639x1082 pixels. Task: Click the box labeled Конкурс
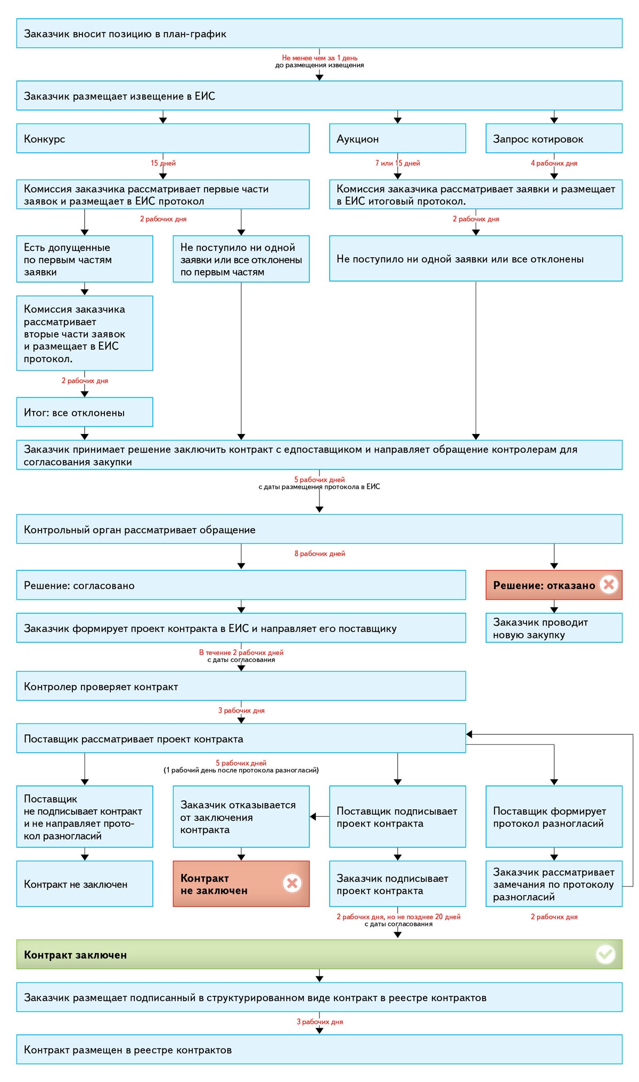pyautogui.click(x=163, y=138)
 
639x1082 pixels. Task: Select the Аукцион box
pyautogui.click(x=397, y=138)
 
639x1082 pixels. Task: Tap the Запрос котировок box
pyautogui.click(x=554, y=138)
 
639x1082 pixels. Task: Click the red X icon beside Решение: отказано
pyautogui.click(x=609, y=585)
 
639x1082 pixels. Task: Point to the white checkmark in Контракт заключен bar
pyautogui.click(x=605, y=954)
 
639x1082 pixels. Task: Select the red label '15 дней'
pyautogui.click(x=163, y=163)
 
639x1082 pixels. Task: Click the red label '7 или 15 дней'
pyautogui.click(x=397, y=163)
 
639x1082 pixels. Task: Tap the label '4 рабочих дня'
pyautogui.click(x=554, y=163)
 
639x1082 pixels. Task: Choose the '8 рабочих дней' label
pyautogui.click(x=319, y=554)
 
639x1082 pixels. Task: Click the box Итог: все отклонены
pyautogui.click(x=85, y=412)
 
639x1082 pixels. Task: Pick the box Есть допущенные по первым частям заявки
pyautogui.click(x=85, y=259)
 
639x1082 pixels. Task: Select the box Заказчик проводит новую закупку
pyautogui.click(x=554, y=628)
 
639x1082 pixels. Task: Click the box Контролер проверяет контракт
pyautogui.click(x=241, y=686)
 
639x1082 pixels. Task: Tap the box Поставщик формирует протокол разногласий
pyautogui.click(x=554, y=817)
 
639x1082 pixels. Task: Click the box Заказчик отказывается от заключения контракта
pyautogui.click(x=241, y=817)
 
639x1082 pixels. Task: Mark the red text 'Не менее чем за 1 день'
pyautogui.click(x=319, y=58)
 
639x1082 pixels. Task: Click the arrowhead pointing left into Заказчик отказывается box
pyautogui.click(x=313, y=816)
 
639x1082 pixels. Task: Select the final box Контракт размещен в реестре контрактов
pyautogui.click(x=319, y=1050)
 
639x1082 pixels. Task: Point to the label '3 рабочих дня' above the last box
pyautogui.click(x=319, y=1022)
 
